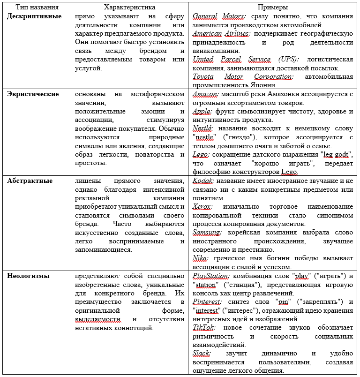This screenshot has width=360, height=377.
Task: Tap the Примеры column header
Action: click(273, 8)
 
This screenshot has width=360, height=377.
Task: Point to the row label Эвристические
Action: click(33, 94)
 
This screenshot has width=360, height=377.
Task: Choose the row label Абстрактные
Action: click(30, 181)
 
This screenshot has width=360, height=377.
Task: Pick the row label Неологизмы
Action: click(28, 276)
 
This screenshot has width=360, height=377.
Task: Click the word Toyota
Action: click(203, 76)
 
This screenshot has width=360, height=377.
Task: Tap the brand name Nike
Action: click(201, 258)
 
